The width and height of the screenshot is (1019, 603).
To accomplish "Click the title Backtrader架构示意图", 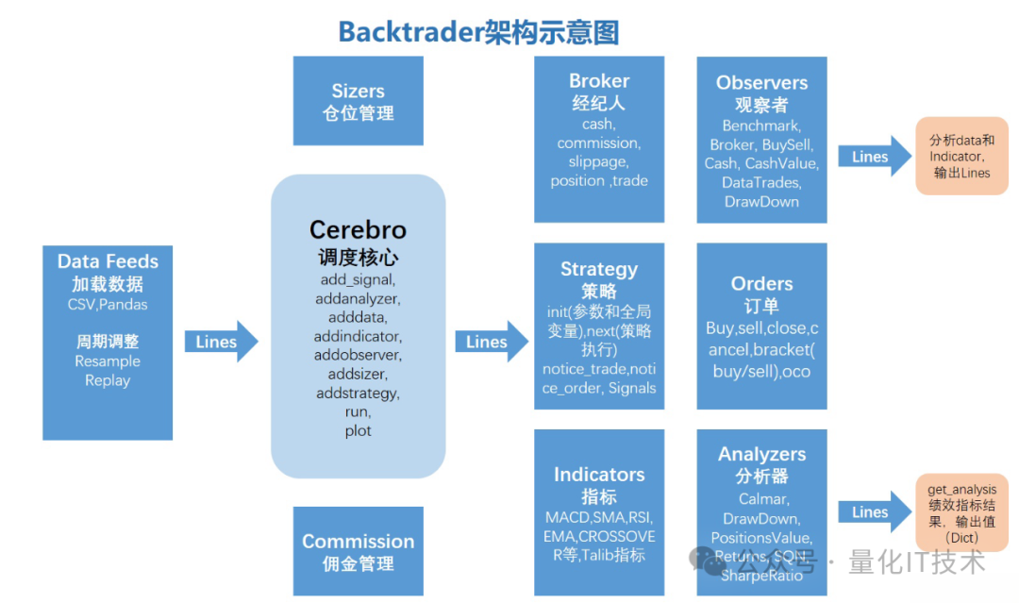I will (478, 32).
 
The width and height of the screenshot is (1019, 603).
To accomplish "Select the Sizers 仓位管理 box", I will (358, 101).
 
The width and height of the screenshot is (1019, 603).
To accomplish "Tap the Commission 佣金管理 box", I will (358, 552).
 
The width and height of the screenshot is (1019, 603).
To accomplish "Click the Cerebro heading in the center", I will (358, 230).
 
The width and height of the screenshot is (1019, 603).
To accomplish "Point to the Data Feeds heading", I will (108, 261).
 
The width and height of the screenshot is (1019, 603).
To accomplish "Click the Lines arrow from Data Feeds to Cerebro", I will (220, 342).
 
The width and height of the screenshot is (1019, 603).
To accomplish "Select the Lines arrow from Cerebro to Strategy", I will (491, 342).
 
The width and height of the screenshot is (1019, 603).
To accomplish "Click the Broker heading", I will (599, 81).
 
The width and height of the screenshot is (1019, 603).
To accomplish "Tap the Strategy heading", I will (599, 269).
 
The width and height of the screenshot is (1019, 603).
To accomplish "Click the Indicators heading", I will (599, 475).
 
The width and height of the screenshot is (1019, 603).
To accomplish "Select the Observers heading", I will (761, 83).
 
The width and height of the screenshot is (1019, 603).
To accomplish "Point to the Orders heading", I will (761, 283).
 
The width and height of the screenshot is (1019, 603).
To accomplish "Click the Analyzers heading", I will (761, 455).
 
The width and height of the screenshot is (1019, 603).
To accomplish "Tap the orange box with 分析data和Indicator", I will (961, 156).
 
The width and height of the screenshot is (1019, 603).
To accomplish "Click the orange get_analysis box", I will (961, 512).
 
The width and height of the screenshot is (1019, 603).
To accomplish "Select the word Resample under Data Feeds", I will (108, 361).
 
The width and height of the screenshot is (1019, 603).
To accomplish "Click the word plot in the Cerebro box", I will (358, 431).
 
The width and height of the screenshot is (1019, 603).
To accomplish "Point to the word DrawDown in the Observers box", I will (761, 201).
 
